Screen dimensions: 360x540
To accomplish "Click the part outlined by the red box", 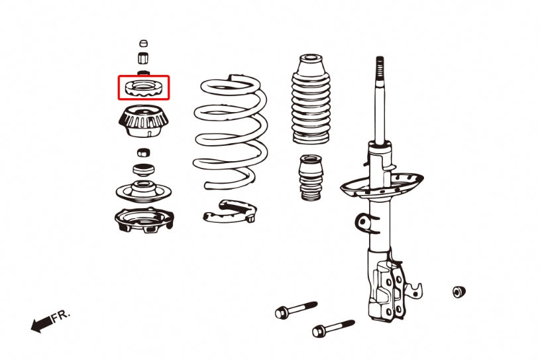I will click(x=144, y=88).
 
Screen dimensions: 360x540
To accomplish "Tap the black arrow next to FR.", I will click(x=40, y=324).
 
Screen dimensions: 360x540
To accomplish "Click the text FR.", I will click(x=60, y=316).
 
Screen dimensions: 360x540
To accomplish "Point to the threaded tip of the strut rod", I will click(x=380, y=66).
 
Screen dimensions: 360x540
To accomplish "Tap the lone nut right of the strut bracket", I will click(x=457, y=292).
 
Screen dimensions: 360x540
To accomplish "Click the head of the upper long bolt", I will click(x=282, y=311).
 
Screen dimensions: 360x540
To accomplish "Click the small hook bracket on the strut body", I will click(x=361, y=221).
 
